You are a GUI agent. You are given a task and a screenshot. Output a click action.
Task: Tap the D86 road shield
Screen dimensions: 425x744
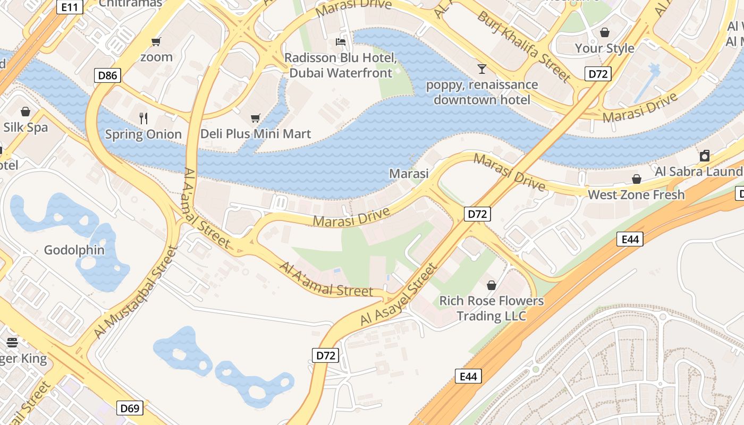(108, 75)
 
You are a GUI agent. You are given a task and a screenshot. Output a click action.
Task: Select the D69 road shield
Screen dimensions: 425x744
(130, 408)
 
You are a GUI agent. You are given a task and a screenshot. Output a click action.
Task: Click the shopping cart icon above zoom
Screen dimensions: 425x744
(156, 41)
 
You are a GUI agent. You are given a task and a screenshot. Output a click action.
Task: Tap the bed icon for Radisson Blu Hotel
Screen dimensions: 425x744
(341, 42)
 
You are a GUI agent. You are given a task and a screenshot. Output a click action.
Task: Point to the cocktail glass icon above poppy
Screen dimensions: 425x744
(482, 69)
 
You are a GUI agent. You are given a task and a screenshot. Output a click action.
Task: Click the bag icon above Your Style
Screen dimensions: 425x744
(604, 32)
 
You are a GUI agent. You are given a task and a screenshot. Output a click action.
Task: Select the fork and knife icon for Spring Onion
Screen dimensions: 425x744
(143, 118)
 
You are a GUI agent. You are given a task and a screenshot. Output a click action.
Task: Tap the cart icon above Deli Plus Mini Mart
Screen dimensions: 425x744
(256, 117)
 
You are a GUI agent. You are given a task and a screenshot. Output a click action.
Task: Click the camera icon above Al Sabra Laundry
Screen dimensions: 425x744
(705, 155)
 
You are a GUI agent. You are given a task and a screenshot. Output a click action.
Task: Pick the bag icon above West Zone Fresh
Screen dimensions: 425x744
(636, 179)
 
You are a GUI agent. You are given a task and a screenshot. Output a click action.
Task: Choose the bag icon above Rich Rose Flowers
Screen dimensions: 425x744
(492, 285)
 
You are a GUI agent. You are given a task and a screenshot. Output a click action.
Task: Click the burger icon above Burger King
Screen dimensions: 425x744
(12, 343)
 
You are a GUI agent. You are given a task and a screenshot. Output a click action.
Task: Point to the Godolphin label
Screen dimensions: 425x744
(74, 250)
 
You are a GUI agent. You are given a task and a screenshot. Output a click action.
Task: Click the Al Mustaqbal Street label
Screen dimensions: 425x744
(136, 292)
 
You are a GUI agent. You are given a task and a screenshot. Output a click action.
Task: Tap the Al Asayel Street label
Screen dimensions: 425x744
(399, 294)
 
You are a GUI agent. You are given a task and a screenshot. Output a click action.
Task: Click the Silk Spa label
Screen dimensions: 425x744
(26, 127)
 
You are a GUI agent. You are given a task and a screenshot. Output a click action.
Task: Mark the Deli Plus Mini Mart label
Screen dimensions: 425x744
(256, 133)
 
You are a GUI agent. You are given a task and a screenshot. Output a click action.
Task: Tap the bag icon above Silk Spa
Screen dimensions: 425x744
(25, 112)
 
